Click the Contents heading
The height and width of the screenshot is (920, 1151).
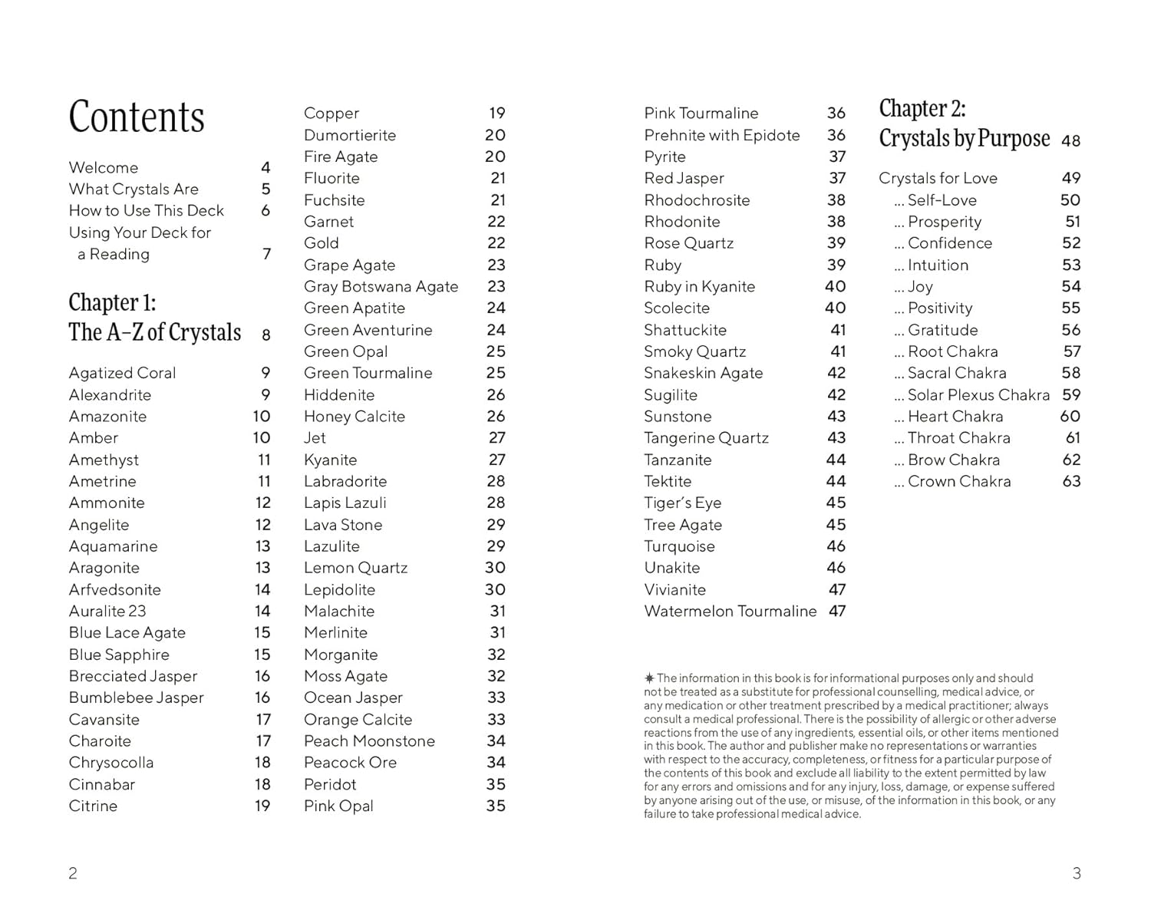[x=137, y=117]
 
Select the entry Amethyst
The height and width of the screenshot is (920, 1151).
[x=104, y=460]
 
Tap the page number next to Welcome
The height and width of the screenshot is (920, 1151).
[x=265, y=167]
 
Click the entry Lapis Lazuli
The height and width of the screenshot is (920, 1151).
[x=345, y=503]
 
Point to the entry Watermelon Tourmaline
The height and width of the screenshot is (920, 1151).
[x=730, y=611]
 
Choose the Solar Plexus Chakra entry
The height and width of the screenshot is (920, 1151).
[x=978, y=394]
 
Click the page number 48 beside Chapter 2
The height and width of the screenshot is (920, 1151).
[x=1070, y=141]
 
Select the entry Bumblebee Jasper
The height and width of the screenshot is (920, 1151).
[x=136, y=697]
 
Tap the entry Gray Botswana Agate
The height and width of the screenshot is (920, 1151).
[x=381, y=286]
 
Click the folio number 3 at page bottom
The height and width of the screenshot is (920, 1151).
[x=1077, y=873]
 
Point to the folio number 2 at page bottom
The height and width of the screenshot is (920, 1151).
[x=73, y=873]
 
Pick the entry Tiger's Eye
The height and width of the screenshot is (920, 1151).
[x=682, y=503]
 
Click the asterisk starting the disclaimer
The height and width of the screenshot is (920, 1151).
[x=649, y=678]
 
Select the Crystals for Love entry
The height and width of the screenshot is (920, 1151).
[x=938, y=178]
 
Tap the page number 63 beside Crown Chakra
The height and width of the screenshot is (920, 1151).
[x=1071, y=481]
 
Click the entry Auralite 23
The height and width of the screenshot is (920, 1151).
[x=107, y=611]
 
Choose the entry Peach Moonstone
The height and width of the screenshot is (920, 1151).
[x=369, y=740]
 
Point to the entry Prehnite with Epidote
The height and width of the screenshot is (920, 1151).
[x=721, y=135]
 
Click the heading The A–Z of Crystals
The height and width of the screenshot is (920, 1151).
[x=154, y=332]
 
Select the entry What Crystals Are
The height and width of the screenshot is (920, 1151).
[x=134, y=189]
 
